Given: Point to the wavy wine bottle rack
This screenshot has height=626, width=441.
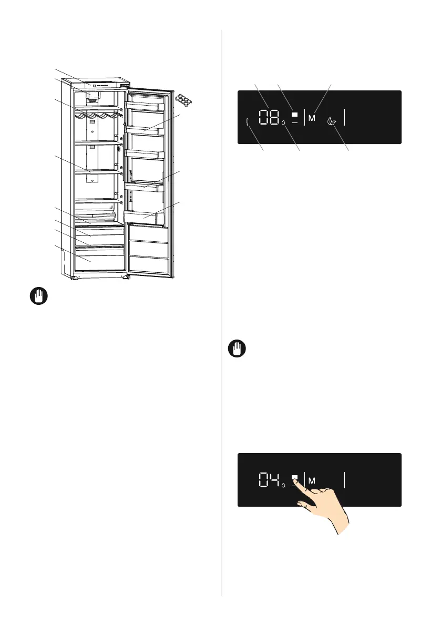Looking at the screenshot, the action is (x=98, y=115).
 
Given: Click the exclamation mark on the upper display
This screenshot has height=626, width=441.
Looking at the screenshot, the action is (x=247, y=122).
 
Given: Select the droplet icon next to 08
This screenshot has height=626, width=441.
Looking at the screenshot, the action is (x=284, y=124).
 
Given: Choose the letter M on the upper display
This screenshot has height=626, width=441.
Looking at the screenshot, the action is (x=312, y=118).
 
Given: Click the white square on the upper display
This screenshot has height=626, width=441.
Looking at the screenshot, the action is (x=294, y=114).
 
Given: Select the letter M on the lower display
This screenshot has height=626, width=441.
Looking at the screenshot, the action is (x=312, y=481).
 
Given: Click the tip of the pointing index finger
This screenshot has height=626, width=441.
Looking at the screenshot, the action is (x=296, y=478).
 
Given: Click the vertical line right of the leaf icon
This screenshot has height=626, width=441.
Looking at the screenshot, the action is (x=345, y=117).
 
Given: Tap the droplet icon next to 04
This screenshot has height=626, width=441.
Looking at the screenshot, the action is (x=284, y=485).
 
